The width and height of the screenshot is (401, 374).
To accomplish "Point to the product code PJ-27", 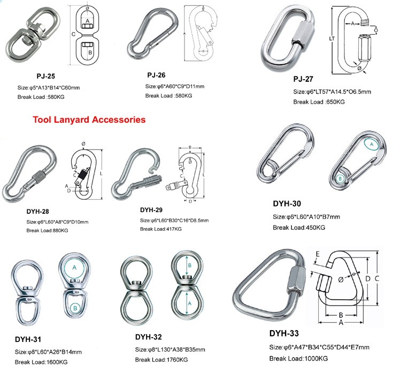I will click(x=303, y=80).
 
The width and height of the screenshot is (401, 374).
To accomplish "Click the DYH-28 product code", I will click(x=39, y=211).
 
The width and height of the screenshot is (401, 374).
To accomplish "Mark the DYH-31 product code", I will click(x=28, y=339).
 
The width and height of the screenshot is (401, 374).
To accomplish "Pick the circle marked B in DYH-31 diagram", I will click(x=76, y=308).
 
